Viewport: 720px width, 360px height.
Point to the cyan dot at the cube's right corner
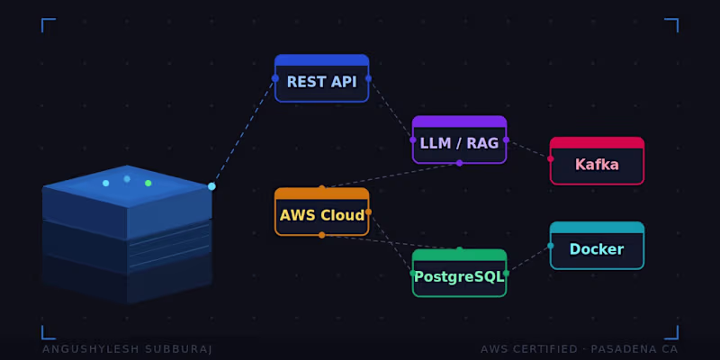[211, 186]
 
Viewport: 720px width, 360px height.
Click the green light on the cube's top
[148, 183]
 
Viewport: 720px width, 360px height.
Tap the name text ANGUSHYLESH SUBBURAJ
[127, 349]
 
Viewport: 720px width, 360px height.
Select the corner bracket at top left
[47, 23]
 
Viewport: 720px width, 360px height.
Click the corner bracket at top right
[672, 23]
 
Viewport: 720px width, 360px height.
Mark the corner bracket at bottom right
[672, 334]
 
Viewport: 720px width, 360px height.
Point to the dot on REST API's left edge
[275, 78]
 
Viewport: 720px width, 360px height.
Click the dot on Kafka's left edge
[551, 158]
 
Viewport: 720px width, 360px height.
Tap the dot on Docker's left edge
[551, 245]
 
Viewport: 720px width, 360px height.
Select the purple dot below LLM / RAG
[459, 163]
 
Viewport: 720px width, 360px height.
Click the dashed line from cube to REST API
[243, 132]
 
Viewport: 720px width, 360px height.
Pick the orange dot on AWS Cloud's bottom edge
[321, 235]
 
